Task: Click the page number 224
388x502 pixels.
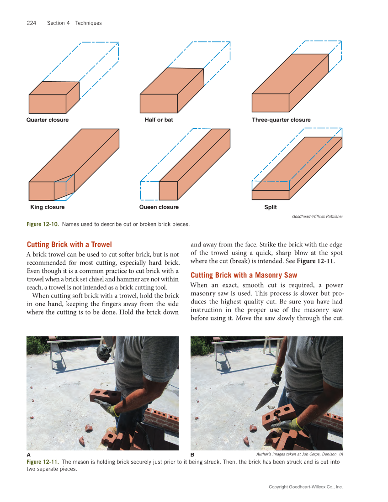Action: point(32,23)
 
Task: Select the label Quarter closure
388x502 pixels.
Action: point(48,120)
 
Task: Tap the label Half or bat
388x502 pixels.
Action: point(159,120)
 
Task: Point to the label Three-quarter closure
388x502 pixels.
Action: point(281,120)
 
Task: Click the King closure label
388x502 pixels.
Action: point(48,207)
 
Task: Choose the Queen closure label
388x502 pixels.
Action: point(159,207)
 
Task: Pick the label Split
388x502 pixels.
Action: point(271,207)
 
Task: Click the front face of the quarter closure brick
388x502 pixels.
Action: point(48,104)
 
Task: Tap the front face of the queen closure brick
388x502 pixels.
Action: point(168,191)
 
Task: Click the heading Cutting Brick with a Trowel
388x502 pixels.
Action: point(69,245)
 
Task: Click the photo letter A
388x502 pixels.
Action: point(29,455)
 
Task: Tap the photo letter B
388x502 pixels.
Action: point(192,455)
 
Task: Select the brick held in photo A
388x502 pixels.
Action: point(105,395)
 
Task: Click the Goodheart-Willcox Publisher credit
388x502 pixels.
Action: point(317,216)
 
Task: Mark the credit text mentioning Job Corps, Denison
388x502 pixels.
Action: point(299,455)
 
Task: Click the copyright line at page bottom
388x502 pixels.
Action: point(305,487)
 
